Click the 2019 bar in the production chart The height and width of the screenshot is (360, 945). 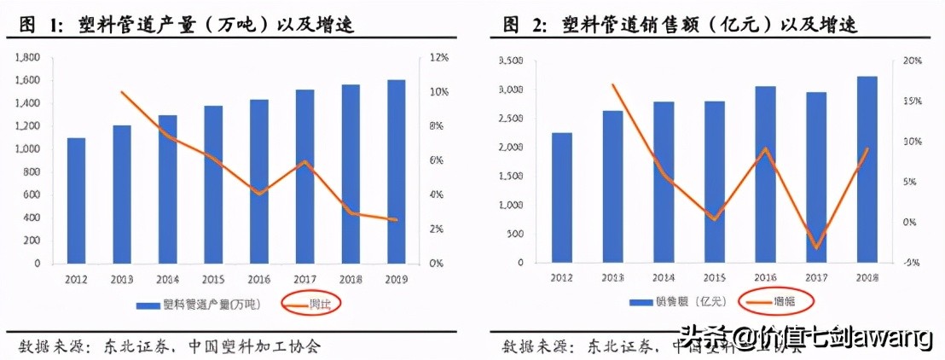coord(395,171)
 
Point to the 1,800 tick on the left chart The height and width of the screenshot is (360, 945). coord(28,58)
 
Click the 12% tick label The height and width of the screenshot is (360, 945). coord(438,58)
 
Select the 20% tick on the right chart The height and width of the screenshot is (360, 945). coord(911,61)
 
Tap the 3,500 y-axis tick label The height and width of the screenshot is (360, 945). coord(509,61)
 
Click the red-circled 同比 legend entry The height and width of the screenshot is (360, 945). coord(310,304)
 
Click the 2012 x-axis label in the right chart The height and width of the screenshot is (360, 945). coord(561,278)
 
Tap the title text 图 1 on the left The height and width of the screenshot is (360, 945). coord(41,26)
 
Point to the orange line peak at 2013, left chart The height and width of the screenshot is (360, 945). coord(123,92)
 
